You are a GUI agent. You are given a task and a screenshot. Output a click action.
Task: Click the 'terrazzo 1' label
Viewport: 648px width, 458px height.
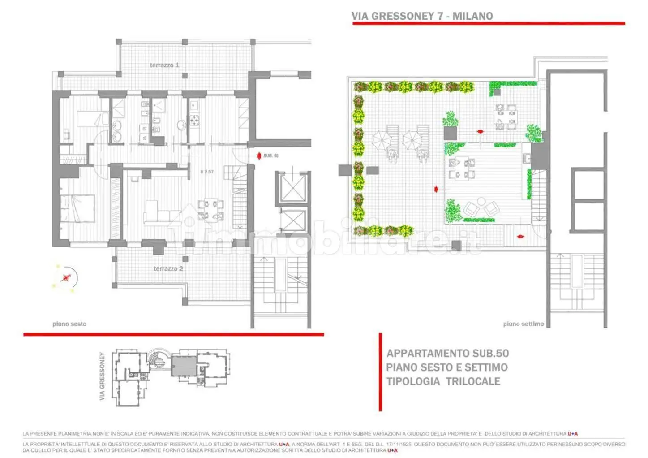click(x=164, y=65)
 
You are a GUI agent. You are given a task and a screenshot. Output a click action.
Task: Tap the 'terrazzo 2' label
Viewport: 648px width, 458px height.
click(x=168, y=268)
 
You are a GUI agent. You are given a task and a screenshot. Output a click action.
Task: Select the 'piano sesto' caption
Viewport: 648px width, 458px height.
click(x=69, y=324)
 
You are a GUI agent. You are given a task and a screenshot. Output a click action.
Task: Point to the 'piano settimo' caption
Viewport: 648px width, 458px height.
click(x=523, y=324)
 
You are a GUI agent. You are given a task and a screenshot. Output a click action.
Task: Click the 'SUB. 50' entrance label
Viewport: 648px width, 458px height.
click(x=270, y=156)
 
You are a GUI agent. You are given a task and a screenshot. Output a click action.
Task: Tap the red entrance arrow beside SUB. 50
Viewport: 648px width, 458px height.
click(x=258, y=156)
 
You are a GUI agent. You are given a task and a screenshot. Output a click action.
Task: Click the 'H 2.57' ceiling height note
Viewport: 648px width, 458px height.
click(x=206, y=172)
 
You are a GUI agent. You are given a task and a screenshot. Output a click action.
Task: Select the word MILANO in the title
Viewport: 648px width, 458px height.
click(x=472, y=16)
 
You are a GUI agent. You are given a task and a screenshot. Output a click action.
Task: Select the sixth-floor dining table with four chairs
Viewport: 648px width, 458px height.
click(x=210, y=210)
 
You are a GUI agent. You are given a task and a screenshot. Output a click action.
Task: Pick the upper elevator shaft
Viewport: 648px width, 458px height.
click(x=292, y=188)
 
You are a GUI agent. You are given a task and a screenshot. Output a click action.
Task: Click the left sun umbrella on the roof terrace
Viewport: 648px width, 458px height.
click(x=382, y=140)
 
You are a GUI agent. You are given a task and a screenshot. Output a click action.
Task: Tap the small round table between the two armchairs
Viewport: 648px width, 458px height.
click(x=481, y=201)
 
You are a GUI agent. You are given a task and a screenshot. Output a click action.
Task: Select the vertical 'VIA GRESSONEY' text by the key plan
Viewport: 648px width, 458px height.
click(x=102, y=376)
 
